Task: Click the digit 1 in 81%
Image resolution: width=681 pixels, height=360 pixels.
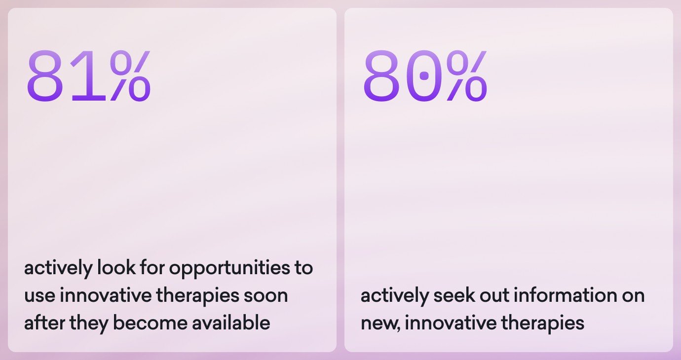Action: click(88, 75)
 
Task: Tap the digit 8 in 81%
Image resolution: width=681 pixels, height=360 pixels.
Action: click(45, 75)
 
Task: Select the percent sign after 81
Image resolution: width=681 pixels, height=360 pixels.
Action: click(131, 75)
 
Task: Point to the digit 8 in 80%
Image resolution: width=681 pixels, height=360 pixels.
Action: click(381, 75)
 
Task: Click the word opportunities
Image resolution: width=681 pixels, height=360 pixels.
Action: click(229, 269)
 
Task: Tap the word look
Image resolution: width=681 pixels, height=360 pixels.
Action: click(116, 268)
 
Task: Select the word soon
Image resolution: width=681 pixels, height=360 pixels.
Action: click(265, 295)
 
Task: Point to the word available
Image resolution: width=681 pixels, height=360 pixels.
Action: click(231, 323)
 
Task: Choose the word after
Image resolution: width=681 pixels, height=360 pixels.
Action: click(44, 323)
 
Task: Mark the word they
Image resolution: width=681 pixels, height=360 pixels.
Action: click(89, 324)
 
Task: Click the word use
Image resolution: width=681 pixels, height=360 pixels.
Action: click(39, 296)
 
